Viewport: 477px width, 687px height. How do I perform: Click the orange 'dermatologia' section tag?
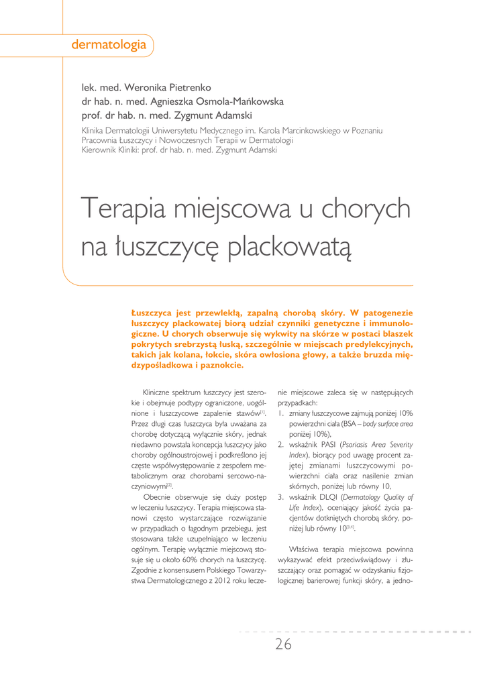[x=109, y=46]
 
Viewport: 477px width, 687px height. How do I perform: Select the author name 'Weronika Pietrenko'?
[x=168, y=88]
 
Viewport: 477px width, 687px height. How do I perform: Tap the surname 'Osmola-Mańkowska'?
[x=237, y=101]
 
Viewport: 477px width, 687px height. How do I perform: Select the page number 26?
[x=283, y=645]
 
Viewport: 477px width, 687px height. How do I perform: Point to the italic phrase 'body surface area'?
[x=388, y=424]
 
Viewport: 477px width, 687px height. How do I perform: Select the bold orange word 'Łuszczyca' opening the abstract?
[x=152, y=313]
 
